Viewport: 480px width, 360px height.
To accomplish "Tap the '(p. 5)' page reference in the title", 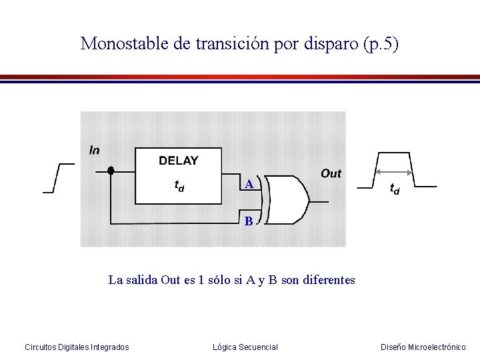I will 381,44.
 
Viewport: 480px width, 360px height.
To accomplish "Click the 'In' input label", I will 94,150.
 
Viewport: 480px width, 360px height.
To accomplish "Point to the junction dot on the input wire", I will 111,171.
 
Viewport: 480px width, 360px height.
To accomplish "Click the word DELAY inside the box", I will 178,161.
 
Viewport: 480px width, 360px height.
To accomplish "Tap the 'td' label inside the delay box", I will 179,186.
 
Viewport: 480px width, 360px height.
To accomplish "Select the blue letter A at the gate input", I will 248,184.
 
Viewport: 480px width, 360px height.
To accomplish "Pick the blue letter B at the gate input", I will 248,221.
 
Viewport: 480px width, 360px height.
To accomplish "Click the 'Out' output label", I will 331,173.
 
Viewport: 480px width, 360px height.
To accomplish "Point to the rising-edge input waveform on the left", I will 57,177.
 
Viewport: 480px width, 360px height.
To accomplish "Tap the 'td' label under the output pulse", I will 394,190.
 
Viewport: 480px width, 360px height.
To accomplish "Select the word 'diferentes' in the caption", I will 329,280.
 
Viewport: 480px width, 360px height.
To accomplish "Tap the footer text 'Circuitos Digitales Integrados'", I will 77,347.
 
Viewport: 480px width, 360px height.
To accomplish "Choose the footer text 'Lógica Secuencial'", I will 245,347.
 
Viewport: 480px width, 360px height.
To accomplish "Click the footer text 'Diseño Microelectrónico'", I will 423,347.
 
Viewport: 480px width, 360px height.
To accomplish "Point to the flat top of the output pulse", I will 395,153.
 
